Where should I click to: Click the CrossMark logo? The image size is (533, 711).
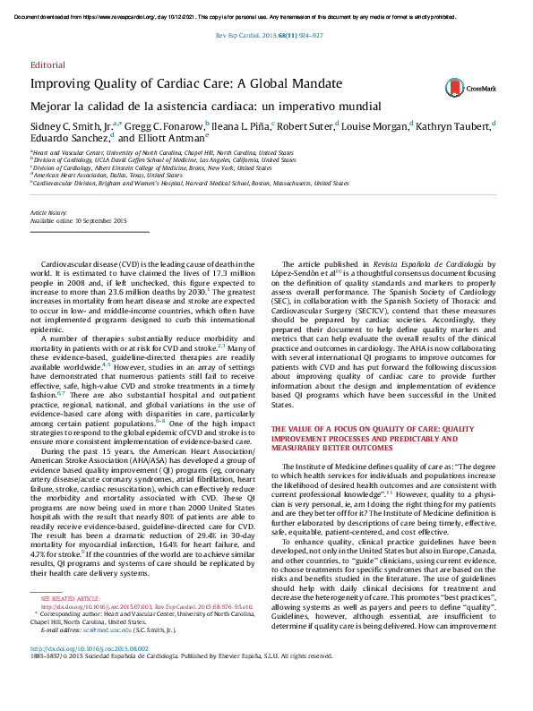(x=464, y=87)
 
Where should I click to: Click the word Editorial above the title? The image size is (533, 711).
(x=47, y=66)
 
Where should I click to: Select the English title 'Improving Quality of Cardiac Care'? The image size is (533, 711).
(x=186, y=84)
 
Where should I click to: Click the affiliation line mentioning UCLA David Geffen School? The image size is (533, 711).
(x=162, y=160)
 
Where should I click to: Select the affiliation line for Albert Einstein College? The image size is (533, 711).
(x=152, y=167)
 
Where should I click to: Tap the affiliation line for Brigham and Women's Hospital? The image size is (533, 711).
(x=187, y=182)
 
